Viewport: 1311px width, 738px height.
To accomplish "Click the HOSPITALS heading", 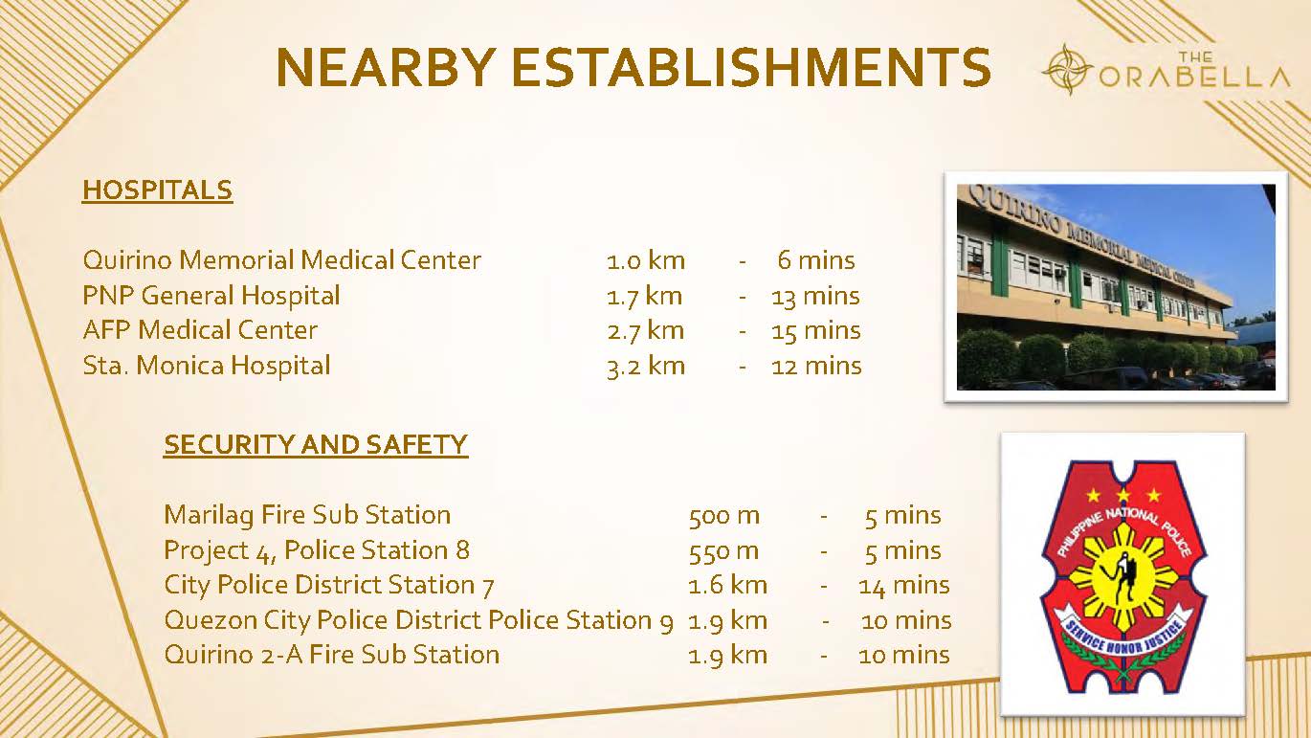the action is pyautogui.click(x=158, y=190).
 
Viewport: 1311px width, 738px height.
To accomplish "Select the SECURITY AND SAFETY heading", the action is pyautogui.click(x=316, y=445).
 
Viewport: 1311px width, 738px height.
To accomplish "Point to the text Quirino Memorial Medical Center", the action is pyautogui.click(x=281, y=260).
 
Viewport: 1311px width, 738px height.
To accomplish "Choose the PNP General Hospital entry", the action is pyautogui.click(x=211, y=296).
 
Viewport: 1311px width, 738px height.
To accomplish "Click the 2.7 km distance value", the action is pyautogui.click(x=646, y=330).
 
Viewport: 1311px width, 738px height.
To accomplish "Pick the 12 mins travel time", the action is pyautogui.click(x=816, y=367).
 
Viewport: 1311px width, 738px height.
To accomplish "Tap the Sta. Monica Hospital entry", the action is pyautogui.click(x=207, y=366).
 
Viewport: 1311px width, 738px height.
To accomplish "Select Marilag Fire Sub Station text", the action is pyautogui.click(x=307, y=515).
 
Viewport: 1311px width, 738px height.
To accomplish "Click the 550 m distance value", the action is pyautogui.click(x=724, y=550).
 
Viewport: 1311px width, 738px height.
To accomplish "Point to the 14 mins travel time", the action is pyautogui.click(x=904, y=585).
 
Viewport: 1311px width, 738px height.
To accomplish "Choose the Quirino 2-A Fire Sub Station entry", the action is pyautogui.click(x=332, y=655).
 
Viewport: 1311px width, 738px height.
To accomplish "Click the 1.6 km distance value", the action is pyautogui.click(x=727, y=585).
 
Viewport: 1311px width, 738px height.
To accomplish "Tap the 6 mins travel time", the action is pyautogui.click(x=816, y=260).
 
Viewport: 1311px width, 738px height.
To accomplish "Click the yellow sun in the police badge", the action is pyautogui.click(x=1123, y=577).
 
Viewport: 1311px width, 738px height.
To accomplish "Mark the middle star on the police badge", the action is pyautogui.click(x=1123, y=495).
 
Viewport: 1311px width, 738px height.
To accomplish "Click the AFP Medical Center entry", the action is pyautogui.click(x=200, y=330).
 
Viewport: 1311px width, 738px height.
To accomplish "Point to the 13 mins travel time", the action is pyautogui.click(x=816, y=296).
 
